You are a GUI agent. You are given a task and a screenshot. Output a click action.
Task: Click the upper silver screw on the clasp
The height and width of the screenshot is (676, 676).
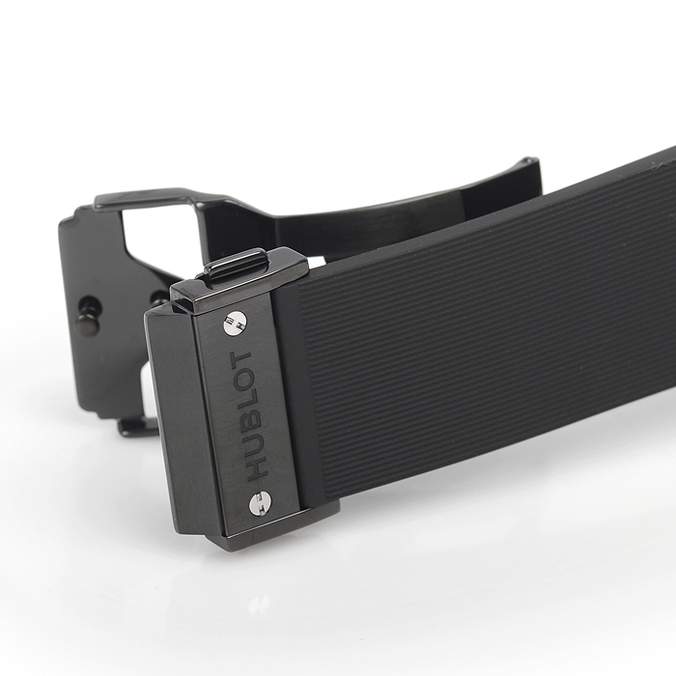coord(235,323)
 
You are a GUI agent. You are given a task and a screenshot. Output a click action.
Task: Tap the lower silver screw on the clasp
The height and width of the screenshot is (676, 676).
coord(261,503)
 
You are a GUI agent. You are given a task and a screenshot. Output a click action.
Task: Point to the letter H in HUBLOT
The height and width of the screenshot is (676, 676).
coord(257,466)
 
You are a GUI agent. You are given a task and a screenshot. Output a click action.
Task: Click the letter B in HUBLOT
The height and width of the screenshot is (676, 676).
coord(250,419)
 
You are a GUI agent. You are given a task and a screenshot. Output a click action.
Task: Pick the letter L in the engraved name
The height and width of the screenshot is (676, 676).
coord(247,400)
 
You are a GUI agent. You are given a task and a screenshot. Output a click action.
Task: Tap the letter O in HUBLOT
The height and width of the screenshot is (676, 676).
coord(244,380)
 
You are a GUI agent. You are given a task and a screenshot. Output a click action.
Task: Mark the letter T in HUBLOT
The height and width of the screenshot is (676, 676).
coord(240,360)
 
